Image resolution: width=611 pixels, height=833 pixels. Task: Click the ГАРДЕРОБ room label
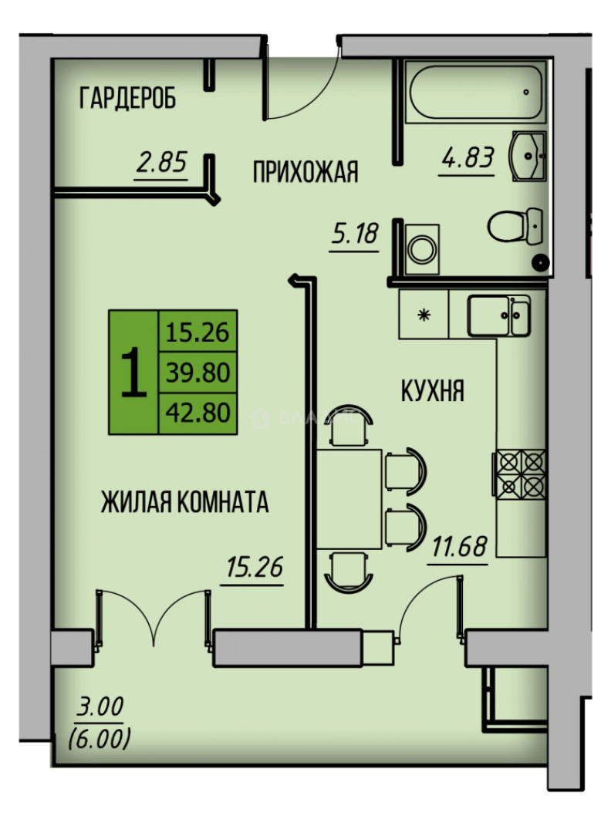[128, 98]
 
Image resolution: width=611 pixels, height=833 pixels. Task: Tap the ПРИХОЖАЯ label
[305, 172]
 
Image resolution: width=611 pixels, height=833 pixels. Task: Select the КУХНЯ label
[432, 391]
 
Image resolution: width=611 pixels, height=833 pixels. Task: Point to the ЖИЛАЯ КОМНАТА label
[184, 503]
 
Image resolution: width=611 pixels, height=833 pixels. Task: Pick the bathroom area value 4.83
[467, 158]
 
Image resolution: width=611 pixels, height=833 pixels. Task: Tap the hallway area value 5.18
[355, 231]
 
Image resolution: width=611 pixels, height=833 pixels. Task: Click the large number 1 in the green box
[133, 372]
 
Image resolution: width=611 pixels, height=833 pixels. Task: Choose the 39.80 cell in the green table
[198, 373]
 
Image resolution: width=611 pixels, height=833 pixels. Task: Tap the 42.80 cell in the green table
[198, 413]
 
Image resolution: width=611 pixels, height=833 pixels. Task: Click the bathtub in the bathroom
[475, 92]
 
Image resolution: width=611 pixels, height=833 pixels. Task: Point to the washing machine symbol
[422, 248]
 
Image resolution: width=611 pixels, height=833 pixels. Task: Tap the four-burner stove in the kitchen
[521, 473]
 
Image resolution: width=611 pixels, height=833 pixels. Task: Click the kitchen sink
[498, 315]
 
